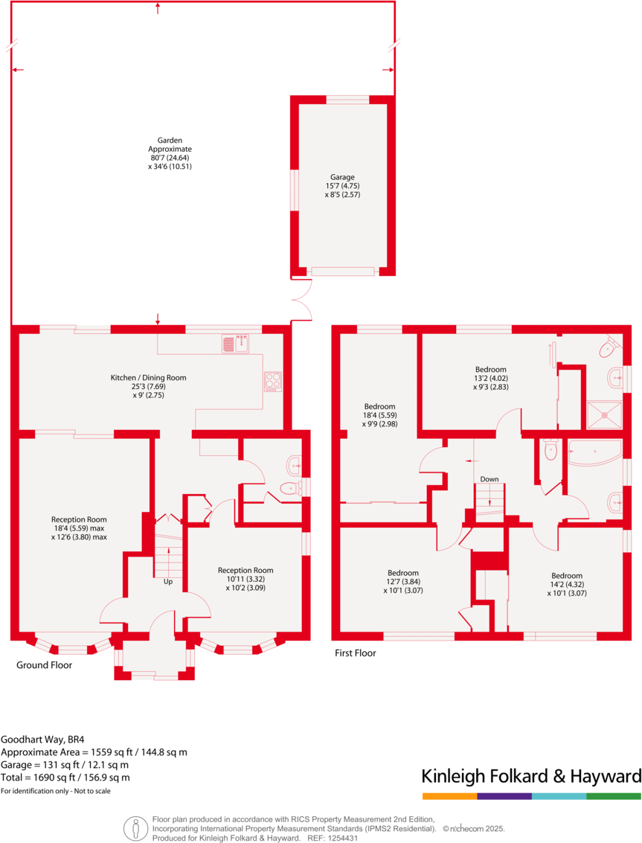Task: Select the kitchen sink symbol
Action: pos(236,343)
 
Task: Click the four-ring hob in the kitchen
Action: pos(273,381)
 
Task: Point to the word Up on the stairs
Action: pos(168,581)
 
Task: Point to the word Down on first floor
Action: pos(489,478)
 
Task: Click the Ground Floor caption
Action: pos(44,664)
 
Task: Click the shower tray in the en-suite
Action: pos(604,411)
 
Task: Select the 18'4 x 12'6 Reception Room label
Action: pos(79,528)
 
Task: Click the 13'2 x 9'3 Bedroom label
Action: pos(490,378)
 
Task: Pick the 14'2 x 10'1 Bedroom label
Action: pos(566,584)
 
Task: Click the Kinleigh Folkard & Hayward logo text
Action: pos(531,777)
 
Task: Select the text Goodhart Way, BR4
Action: pos(42,740)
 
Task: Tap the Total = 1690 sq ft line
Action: pos(65,778)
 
